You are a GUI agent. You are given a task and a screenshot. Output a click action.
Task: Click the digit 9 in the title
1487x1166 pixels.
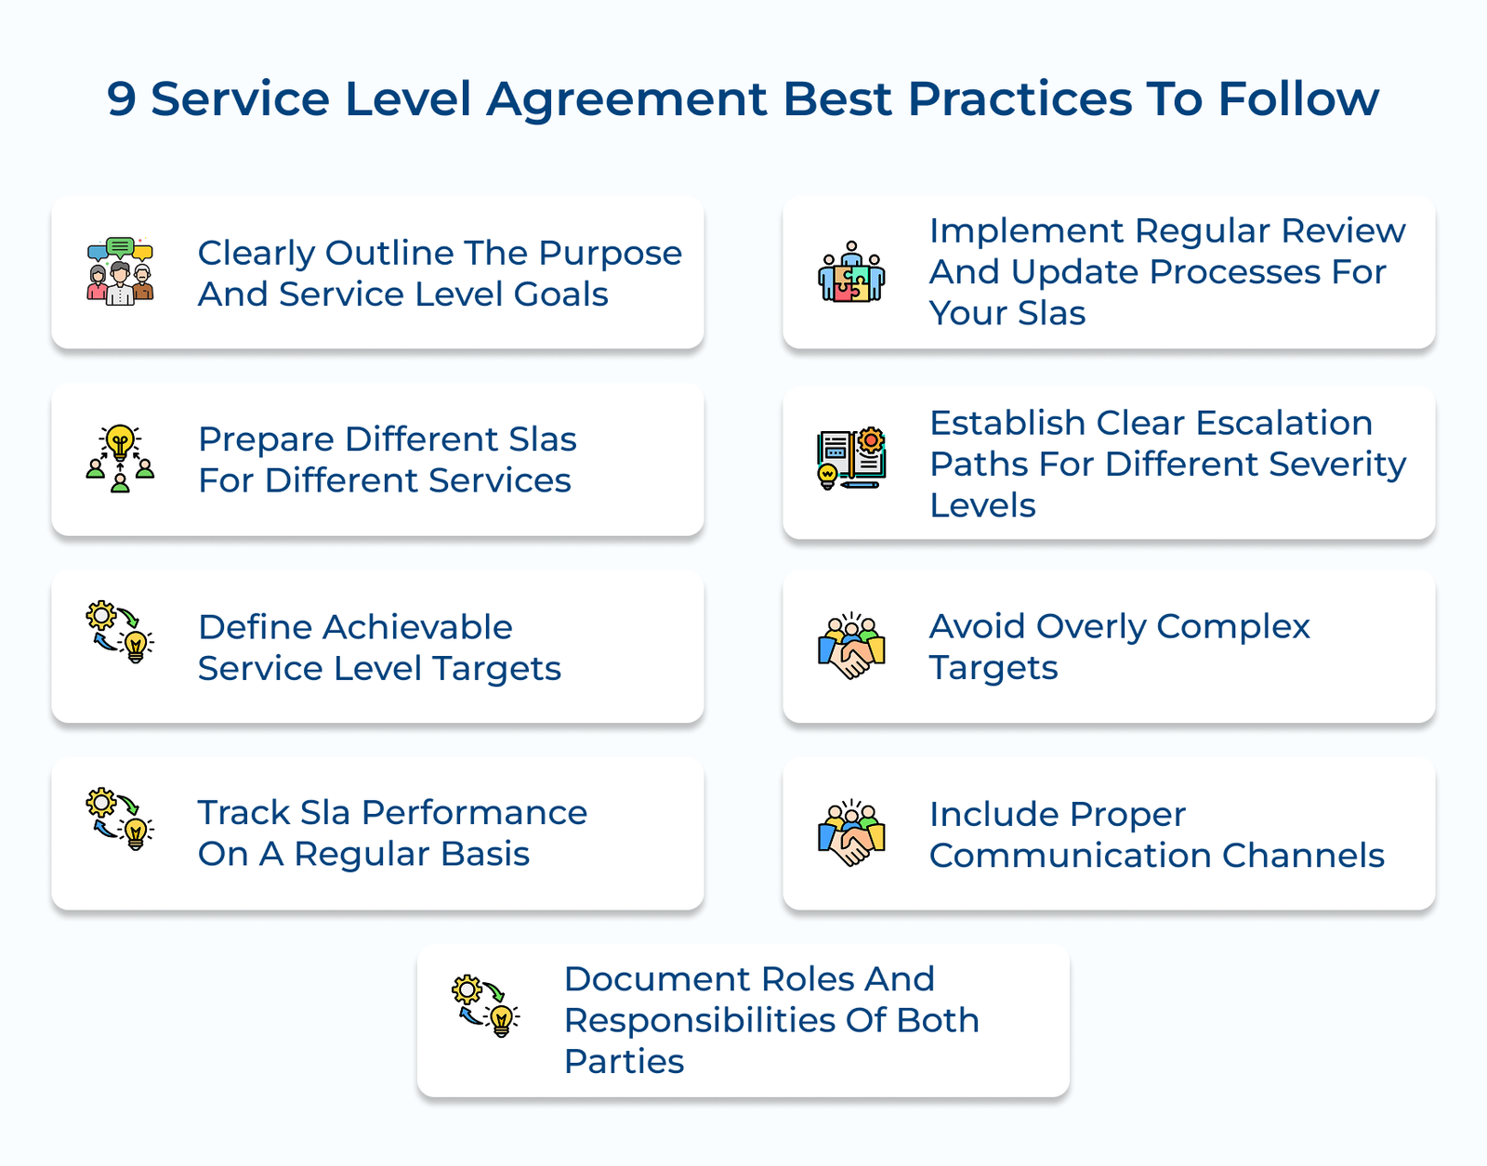[x=121, y=99]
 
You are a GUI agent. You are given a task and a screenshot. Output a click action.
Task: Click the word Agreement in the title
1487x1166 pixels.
[x=626, y=99]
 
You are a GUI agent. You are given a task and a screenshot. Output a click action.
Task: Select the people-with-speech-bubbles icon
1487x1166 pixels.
[x=120, y=271]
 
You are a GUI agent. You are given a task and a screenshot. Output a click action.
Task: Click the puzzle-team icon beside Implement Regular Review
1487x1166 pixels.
[x=851, y=272]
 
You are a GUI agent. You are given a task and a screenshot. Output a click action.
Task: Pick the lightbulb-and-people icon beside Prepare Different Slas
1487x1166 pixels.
[x=120, y=458]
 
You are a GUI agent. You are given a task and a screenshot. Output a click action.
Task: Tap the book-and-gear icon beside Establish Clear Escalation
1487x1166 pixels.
[x=851, y=458]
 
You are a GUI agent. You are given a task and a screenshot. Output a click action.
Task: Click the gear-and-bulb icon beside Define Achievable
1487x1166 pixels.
[x=120, y=632]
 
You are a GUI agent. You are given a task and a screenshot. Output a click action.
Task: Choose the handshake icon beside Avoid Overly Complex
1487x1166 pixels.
[x=851, y=647]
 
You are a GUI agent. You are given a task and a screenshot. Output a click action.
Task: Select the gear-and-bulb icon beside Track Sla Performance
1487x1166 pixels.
[x=120, y=819]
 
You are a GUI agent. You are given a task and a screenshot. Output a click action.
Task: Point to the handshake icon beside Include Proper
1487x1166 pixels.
[x=851, y=832]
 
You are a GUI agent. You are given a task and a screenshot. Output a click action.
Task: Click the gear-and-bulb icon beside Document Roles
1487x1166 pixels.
[x=485, y=1005]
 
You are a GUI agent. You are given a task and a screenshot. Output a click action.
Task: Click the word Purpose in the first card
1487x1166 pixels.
[x=610, y=253]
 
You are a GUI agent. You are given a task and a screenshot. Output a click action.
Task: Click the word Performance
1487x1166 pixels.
[x=474, y=813]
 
